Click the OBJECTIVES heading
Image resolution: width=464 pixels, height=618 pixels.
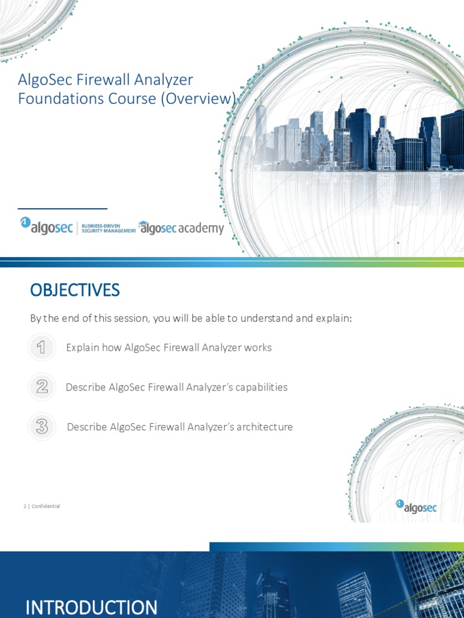75,290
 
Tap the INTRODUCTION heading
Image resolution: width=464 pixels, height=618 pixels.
91,607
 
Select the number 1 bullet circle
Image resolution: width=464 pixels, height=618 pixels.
41,348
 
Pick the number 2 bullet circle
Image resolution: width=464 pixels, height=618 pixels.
41,387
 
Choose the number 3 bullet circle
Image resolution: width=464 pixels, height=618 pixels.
41,427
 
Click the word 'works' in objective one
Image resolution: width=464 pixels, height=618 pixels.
259,348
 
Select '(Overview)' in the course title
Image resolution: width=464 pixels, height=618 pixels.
198,98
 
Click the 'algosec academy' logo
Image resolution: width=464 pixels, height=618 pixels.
181,228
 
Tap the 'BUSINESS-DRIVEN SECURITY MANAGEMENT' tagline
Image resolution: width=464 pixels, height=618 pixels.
108,228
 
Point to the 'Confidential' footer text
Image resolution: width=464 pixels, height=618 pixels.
46,506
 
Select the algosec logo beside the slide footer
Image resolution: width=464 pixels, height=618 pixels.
416,506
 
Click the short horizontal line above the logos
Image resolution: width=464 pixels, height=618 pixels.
62,209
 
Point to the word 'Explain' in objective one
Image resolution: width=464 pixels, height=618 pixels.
82,348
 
